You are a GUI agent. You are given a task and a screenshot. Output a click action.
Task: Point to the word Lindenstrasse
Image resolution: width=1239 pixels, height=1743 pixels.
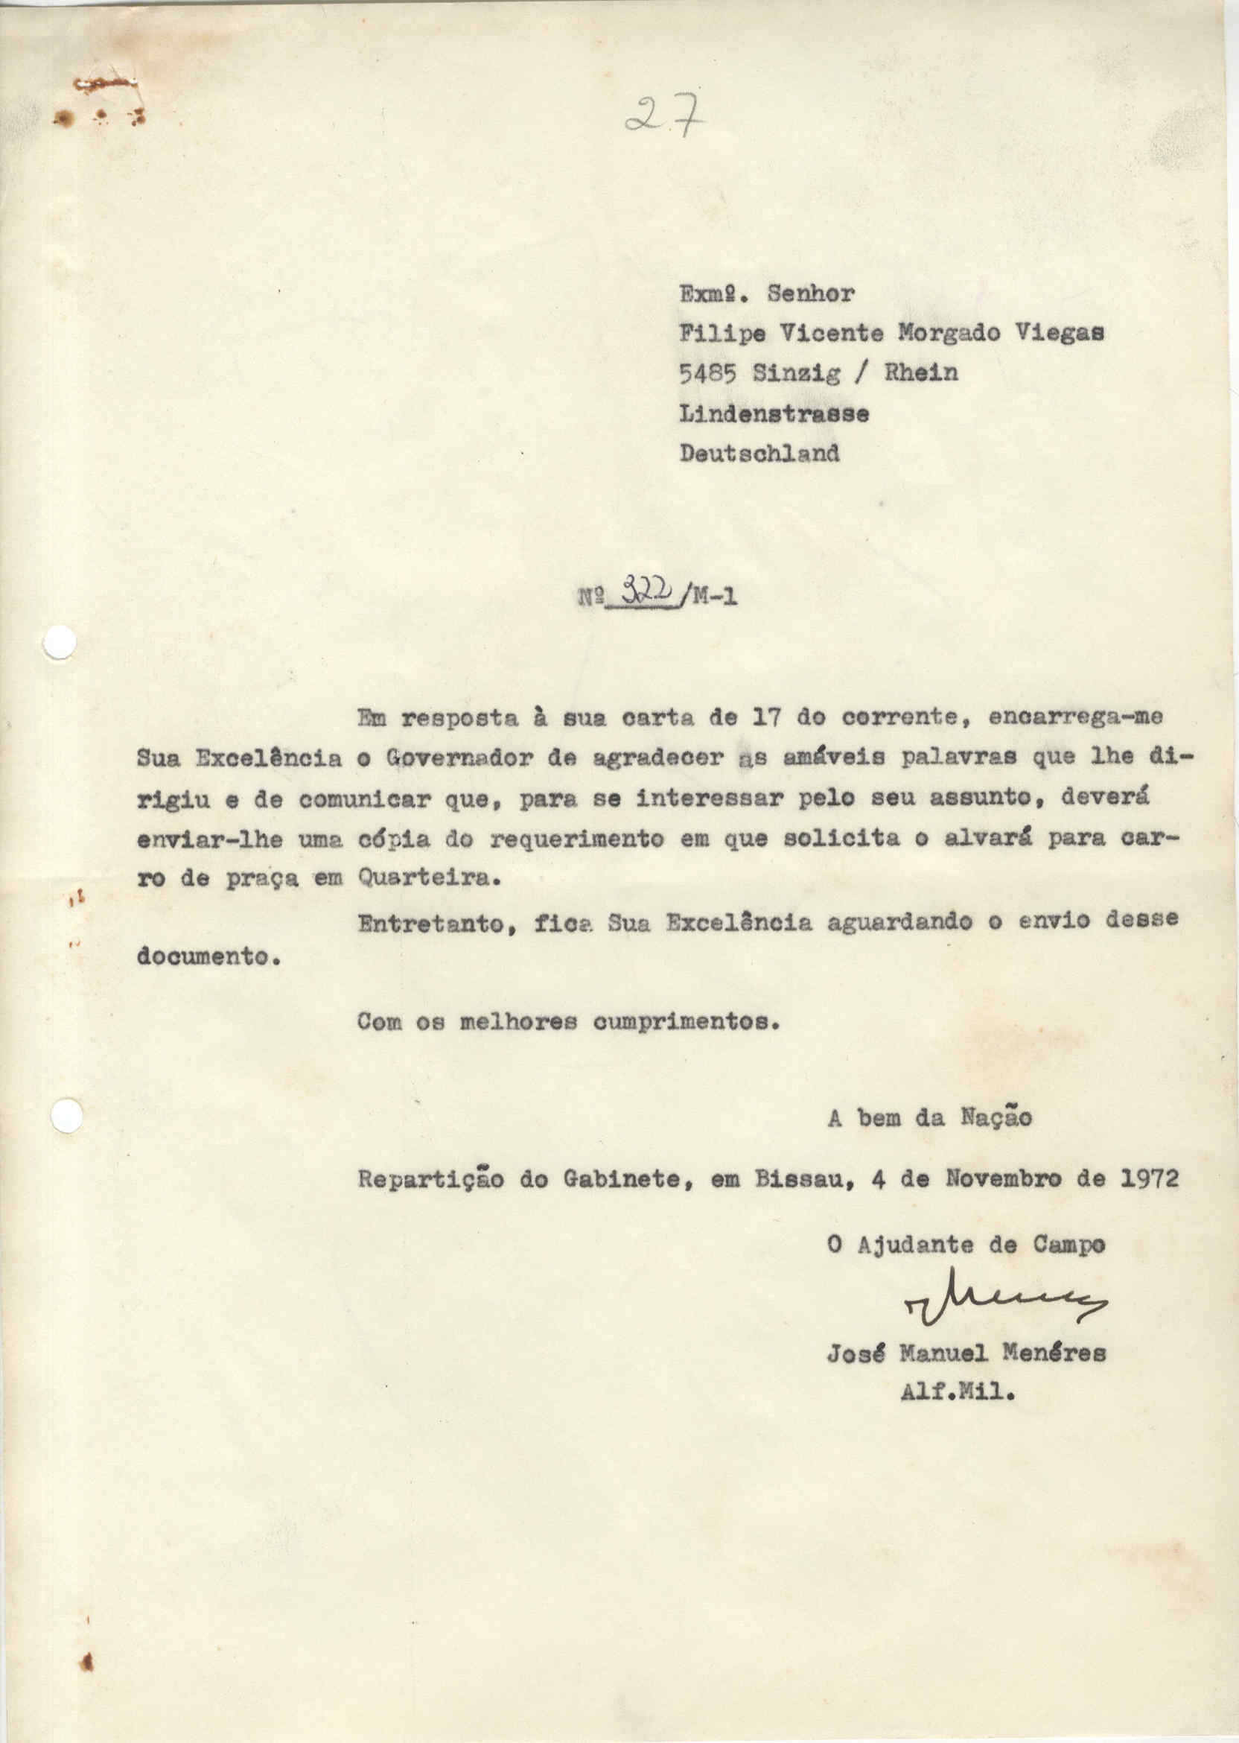(x=774, y=413)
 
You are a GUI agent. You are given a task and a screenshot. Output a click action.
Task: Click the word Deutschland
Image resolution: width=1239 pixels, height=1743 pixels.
(x=759, y=454)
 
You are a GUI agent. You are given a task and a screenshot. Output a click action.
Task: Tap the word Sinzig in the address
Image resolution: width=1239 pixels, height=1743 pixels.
(x=797, y=373)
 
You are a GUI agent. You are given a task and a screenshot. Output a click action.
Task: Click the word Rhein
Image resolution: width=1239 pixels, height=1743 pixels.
(x=921, y=372)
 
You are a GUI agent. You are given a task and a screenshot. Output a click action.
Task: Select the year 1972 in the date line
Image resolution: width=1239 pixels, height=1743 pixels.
(x=1150, y=1178)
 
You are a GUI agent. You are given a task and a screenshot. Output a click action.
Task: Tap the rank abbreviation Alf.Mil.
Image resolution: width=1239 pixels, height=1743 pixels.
(x=958, y=1394)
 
